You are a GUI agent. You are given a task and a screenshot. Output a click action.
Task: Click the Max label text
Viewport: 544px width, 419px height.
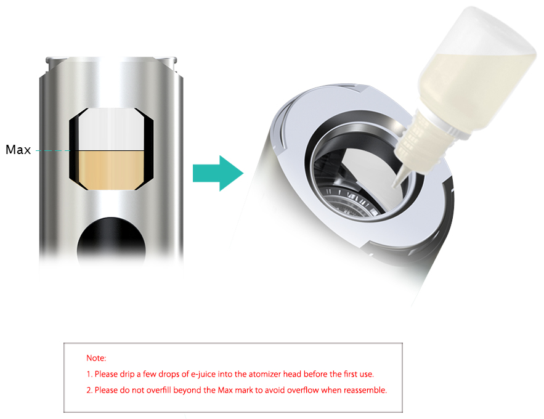tap(18, 150)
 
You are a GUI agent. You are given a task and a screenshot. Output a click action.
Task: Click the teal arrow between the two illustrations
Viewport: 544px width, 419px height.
tap(218, 173)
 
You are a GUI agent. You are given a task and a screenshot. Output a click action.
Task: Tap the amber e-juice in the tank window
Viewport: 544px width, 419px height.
tap(111, 170)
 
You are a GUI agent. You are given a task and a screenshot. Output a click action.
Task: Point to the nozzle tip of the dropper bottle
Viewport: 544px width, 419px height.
tap(394, 185)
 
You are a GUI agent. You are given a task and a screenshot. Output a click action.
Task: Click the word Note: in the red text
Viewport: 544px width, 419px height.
tap(96, 358)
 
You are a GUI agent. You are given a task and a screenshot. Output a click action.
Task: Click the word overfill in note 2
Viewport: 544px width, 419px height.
tap(158, 390)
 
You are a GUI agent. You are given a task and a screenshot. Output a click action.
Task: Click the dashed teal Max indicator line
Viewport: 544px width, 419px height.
tap(54, 150)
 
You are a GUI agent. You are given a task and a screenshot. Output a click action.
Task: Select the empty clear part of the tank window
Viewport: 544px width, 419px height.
tap(111, 129)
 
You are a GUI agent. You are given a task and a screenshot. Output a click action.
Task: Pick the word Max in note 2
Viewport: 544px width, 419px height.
tap(225, 390)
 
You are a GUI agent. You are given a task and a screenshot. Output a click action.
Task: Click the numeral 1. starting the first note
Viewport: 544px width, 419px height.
tap(89, 374)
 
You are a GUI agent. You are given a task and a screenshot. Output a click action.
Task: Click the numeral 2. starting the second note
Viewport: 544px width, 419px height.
tap(89, 390)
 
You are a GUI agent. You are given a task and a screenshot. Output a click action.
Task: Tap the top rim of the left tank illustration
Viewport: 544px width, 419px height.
tap(111, 60)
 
